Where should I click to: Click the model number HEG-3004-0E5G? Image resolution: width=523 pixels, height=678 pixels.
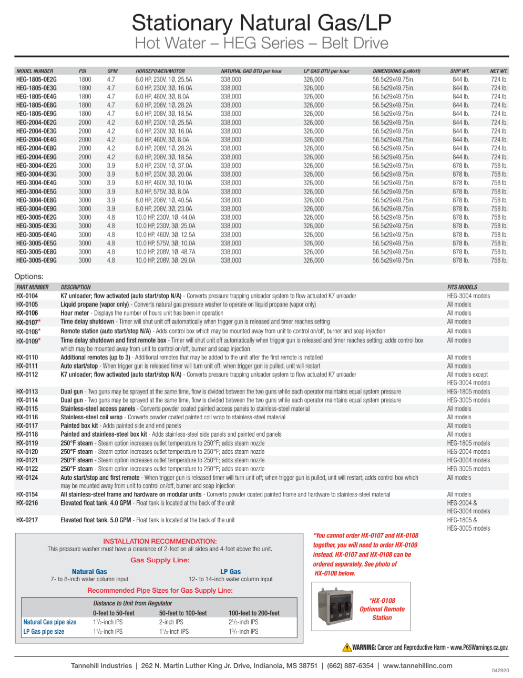[36, 191]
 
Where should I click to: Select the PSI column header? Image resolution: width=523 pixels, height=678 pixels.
[83, 71]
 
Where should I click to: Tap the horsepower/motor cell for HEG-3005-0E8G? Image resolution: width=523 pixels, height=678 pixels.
[165, 252]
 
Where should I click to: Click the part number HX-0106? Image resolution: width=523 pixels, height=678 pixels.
[27, 313]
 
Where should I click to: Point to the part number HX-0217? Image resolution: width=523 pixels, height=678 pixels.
[27, 520]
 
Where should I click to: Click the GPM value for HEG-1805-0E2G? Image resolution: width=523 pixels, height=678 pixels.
[111, 79]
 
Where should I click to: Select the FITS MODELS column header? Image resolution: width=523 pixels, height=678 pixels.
[462, 287]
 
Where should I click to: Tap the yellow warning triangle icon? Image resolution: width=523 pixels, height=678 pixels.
[347, 647]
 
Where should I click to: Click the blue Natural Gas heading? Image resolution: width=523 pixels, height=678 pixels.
[89, 572]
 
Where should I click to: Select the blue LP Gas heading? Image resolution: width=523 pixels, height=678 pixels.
[230, 572]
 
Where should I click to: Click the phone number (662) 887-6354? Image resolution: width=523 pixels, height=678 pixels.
[350, 665]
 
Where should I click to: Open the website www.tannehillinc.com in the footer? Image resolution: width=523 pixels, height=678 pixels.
[417, 665]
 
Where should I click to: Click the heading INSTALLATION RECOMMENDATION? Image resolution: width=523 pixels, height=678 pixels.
[160, 541]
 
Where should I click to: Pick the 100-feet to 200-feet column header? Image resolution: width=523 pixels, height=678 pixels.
[254, 613]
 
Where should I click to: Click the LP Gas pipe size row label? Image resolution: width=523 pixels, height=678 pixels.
[44, 632]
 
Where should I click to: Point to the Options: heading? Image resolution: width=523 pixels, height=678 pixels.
[29, 276]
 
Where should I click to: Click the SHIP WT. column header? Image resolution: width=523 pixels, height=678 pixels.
[459, 71]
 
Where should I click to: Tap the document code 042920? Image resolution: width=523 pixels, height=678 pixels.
[500, 671]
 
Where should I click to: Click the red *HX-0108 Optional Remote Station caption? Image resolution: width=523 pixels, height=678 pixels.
[382, 609]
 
